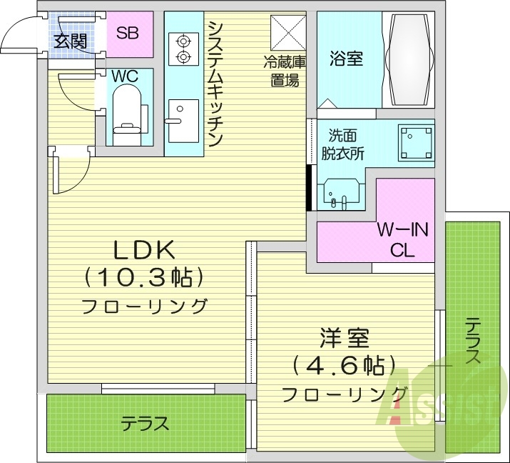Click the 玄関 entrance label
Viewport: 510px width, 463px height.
coord(70,41)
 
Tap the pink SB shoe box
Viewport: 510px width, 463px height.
coord(128,33)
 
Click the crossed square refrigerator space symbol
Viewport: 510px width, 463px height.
coord(288,32)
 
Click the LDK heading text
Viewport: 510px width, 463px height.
coord(144,250)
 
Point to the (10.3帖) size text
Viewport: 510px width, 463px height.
coord(144,277)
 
